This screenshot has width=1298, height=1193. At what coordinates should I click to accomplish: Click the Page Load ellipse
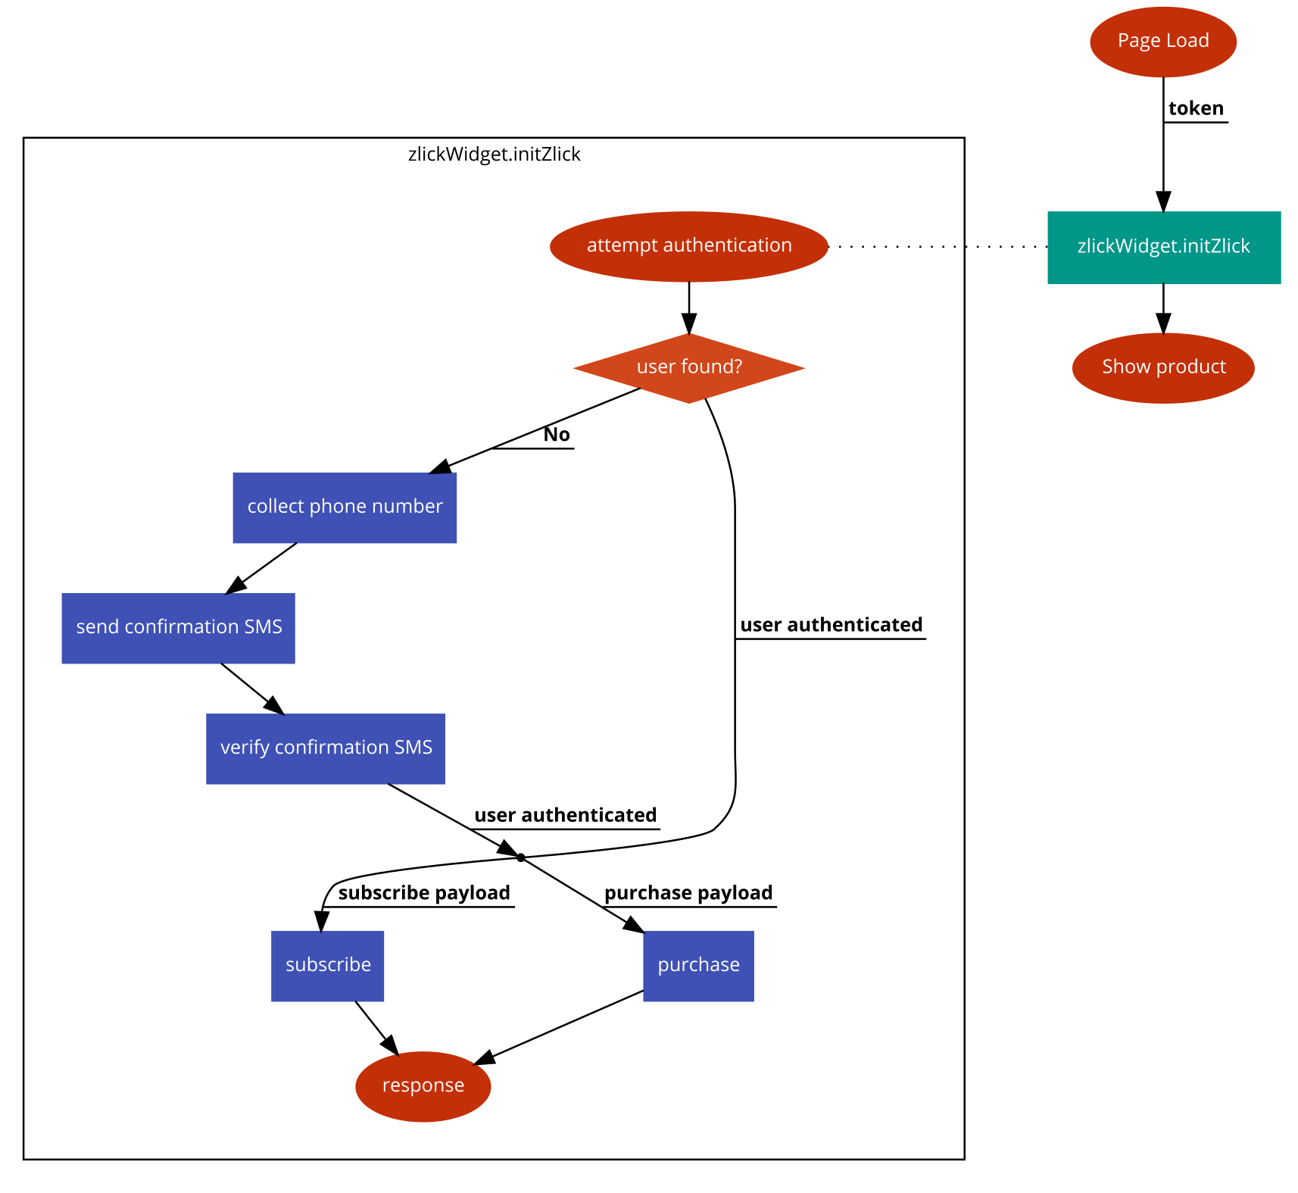point(1162,42)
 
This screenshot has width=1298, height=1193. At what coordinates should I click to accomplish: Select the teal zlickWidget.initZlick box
point(1163,248)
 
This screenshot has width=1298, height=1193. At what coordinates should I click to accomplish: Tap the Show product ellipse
point(1163,367)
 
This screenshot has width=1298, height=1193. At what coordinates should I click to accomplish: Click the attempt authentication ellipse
point(688,246)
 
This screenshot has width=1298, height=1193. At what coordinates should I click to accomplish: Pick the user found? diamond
point(688,368)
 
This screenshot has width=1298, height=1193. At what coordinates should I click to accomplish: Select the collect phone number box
point(345,507)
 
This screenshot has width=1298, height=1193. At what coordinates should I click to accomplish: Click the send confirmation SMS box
point(178,628)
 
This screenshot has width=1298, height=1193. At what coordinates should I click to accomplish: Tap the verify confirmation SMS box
point(326,748)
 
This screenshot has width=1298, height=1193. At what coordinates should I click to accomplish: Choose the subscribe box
point(327,966)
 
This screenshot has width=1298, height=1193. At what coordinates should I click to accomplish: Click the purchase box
point(698,966)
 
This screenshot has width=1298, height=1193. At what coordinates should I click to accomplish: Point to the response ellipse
point(423,1086)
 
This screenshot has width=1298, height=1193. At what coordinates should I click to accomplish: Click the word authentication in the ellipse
point(727,245)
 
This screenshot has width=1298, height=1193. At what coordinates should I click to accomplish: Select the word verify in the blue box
point(245,748)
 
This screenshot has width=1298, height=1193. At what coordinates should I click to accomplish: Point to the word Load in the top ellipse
point(1187,40)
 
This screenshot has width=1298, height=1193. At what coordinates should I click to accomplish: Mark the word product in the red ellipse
point(1190,367)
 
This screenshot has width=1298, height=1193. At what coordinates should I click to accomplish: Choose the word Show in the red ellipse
point(1125,367)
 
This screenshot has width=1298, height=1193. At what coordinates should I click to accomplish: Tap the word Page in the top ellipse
point(1139,41)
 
